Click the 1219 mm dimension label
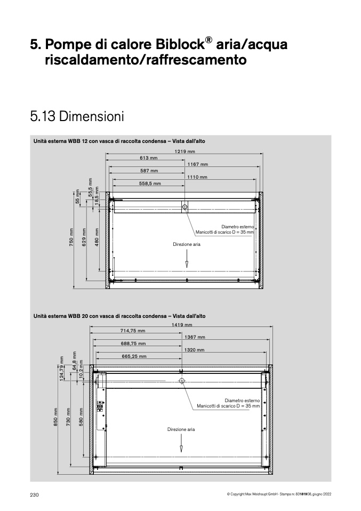point(184,151)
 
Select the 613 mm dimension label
point(149,158)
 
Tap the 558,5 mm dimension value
point(150,183)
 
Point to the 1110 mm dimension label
point(197,177)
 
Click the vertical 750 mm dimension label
point(71,237)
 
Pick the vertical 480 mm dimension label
point(97,237)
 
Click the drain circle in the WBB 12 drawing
point(184,206)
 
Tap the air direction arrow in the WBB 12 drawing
point(187,259)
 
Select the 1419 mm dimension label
point(182,325)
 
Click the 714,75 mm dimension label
point(133,331)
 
